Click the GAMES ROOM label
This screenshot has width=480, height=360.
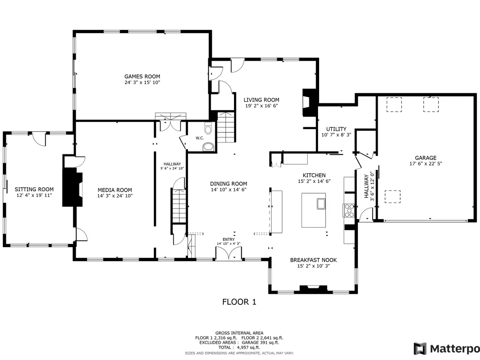[x=142, y=76]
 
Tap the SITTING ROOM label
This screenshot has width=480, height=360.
[x=34, y=189]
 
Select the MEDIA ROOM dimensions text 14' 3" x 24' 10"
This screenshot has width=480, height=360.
[x=115, y=196]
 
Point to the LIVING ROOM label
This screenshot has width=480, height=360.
[x=261, y=100]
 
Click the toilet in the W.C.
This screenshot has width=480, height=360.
[x=208, y=128]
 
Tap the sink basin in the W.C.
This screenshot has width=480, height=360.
[x=208, y=147]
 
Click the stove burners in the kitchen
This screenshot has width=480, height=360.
[x=349, y=210]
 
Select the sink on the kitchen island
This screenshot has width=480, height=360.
[x=321, y=204]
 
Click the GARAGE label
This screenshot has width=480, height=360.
[x=426, y=158]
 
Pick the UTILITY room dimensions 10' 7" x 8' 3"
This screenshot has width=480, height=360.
[x=336, y=135]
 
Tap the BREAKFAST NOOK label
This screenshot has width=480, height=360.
[x=313, y=260]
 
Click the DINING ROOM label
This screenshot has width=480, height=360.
[x=228, y=184]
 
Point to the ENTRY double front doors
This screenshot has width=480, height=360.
[x=228, y=253]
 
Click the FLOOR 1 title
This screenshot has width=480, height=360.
[x=239, y=302]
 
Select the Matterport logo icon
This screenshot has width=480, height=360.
[x=420, y=349]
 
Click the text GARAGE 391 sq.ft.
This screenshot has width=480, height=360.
[x=261, y=342]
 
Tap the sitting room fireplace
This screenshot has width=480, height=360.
[x=73, y=187]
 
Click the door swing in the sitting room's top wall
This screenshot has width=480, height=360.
[x=39, y=139]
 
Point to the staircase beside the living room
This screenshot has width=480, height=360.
[x=226, y=127]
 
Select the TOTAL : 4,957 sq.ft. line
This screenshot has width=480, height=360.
[x=239, y=348]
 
